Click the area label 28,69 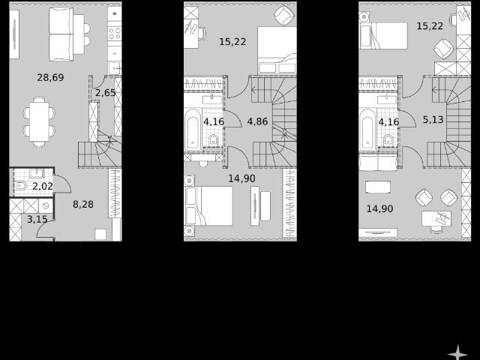point(50,77)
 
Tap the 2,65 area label point(106,93)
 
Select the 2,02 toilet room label point(43,186)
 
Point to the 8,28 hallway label point(83,204)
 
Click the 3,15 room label point(37,219)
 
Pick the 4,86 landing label point(257,121)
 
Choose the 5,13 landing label point(433,120)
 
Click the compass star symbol point(457,352)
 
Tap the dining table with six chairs point(39,121)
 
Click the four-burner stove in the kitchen point(115,33)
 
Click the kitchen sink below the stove point(115,68)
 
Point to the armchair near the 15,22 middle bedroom point(285,15)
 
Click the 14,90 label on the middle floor point(241,178)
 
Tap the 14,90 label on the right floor point(380,208)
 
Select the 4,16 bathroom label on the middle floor point(214,121)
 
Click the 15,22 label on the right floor point(430,26)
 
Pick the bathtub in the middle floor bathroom point(193,130)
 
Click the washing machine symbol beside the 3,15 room point(46,205)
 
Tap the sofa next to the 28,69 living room point(61,34)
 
